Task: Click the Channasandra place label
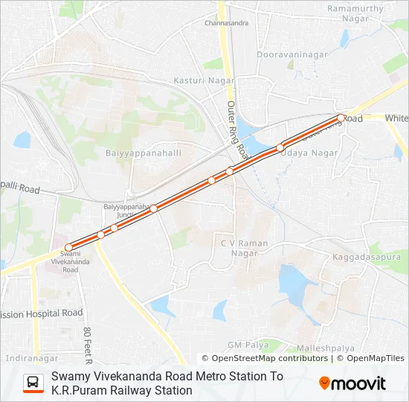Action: pyautogui.click(x=226, y=23)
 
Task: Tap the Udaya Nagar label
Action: pyautogui.click(x=309, y=153)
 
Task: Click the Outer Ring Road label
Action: pyautogui.click(x=236, y=127)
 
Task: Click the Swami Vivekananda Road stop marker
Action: pyautogui.click(x=69, y=247)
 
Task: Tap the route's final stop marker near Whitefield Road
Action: pyautogui.click(x=341, y=118)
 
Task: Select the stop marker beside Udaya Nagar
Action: pyautogui.click(x=280, y=147)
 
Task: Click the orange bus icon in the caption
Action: pyautogui.click(x=33, y=383)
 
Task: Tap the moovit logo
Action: pyautogui.click(x=352, y=383)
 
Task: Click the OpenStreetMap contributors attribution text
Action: pyautogui.click(x=265, y=358)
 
